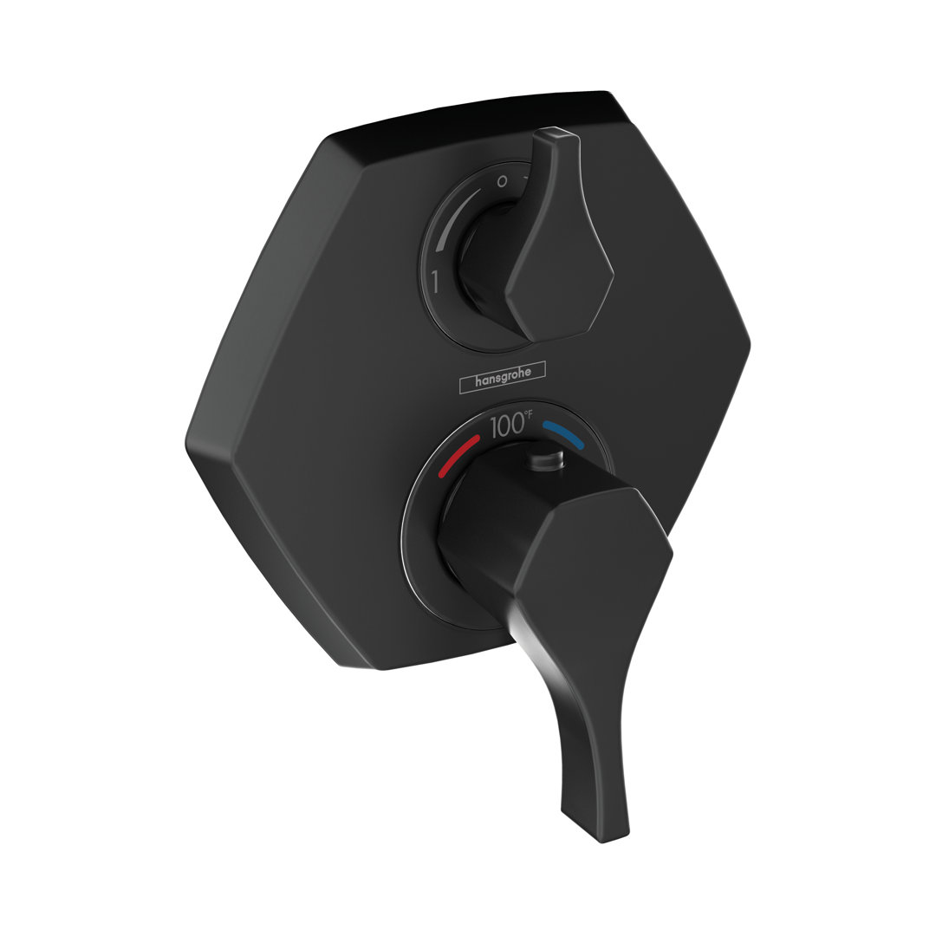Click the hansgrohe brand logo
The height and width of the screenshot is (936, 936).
[502, 377]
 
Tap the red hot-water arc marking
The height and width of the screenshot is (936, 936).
[458, 456]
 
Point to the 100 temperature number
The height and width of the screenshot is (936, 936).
[507, 426]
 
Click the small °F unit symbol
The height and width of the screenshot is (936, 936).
[529, 413]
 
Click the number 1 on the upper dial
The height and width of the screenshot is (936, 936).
[435, 281]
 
